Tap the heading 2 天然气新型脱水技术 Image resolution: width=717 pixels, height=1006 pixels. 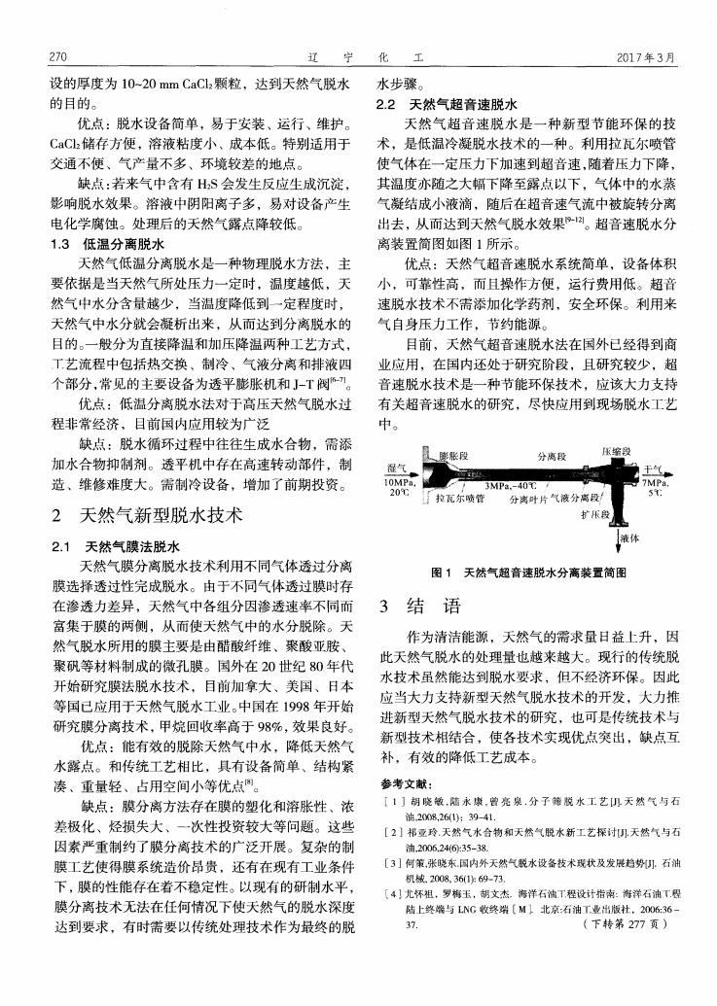[x=147, y=512]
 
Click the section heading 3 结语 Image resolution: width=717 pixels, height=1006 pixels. [x=419, y=607]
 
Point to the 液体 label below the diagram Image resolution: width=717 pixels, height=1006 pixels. [x=628, y=538]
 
